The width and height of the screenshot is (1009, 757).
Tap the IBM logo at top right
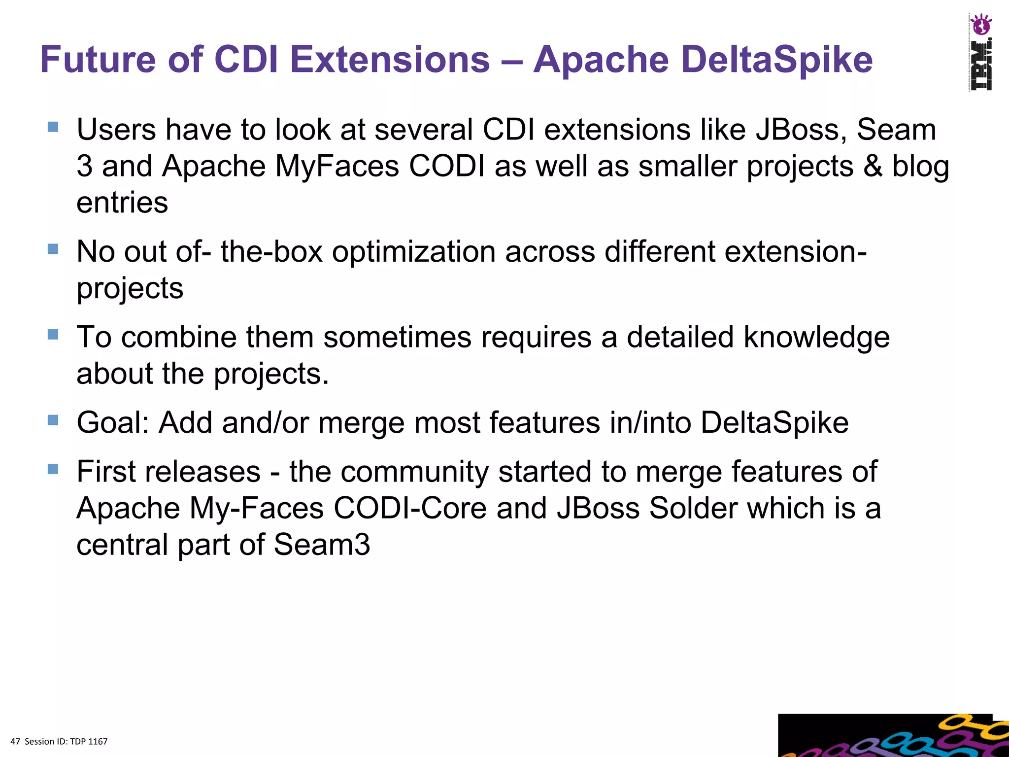click(980, 65)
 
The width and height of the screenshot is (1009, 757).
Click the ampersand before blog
click(873, 166)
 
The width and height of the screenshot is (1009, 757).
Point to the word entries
click(122, 203)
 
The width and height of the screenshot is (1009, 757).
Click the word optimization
click(414, 252)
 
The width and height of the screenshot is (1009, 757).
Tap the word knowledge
click(816, 338)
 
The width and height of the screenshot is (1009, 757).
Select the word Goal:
click(112, 423)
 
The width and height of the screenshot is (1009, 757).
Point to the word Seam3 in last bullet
click(321, 545)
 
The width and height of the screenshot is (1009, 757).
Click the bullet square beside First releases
click(53, 469)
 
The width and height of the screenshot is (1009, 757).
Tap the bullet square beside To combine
click(53, 335)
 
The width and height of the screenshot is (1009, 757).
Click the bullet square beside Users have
click(53, 127)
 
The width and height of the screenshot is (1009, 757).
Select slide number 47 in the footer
click(15, 742)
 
